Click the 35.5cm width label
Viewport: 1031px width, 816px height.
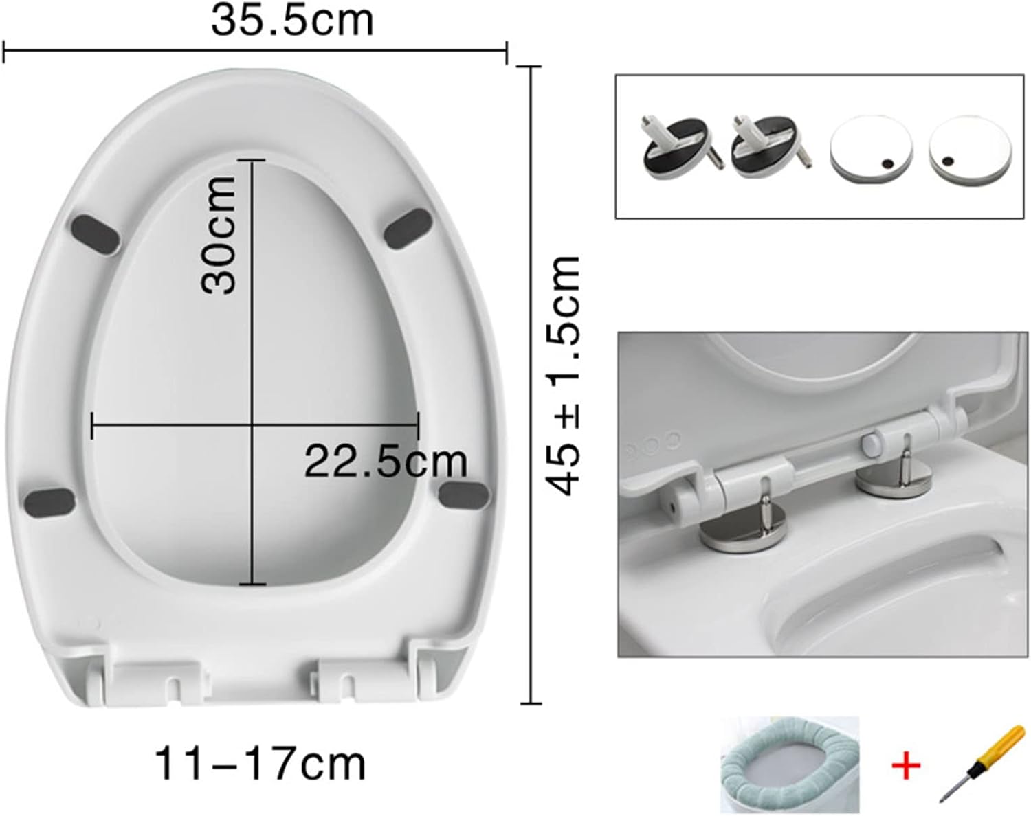[x=292, y=21]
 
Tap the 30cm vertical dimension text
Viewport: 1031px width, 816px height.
[x=219, y=235]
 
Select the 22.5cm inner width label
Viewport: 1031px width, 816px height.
[x=386, y=461]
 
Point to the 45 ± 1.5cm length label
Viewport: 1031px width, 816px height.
[x=564, y=375]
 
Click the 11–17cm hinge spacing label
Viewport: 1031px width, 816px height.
[x=260, y=764]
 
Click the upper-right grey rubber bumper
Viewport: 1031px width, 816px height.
[x=408, y=228]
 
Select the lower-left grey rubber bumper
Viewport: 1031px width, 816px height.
[x=50, y=500]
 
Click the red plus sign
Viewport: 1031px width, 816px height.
[x=906, y=765]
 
